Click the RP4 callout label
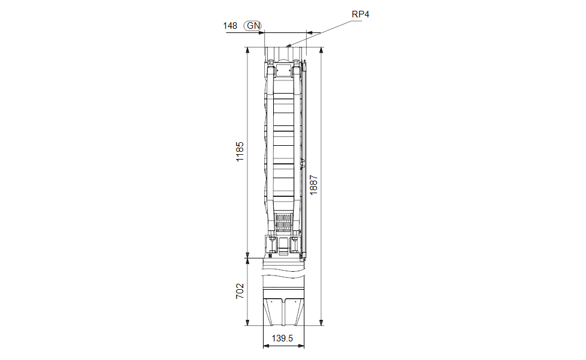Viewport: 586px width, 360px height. (x=360, y=14)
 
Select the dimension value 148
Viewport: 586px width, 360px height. (x=230, y=25)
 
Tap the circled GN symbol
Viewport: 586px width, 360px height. (x=253, y=25)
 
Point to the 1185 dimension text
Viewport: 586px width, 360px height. (x=240, y=151)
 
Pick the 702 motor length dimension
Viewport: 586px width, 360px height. (x=240, y=292)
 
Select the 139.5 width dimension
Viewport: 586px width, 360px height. (x=282, y=338)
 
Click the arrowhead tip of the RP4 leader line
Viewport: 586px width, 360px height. (x=288, y=46)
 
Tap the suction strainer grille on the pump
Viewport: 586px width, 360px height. (x=285, y=224)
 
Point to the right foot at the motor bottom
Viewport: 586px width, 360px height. (x=294, y=312)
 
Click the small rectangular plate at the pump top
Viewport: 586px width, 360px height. (x=284, y=70)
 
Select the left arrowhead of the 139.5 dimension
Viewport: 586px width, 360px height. (x=265, y=346)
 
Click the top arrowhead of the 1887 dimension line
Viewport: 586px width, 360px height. (x=321, y=49)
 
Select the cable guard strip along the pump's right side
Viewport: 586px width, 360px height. (x=304, y=162)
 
